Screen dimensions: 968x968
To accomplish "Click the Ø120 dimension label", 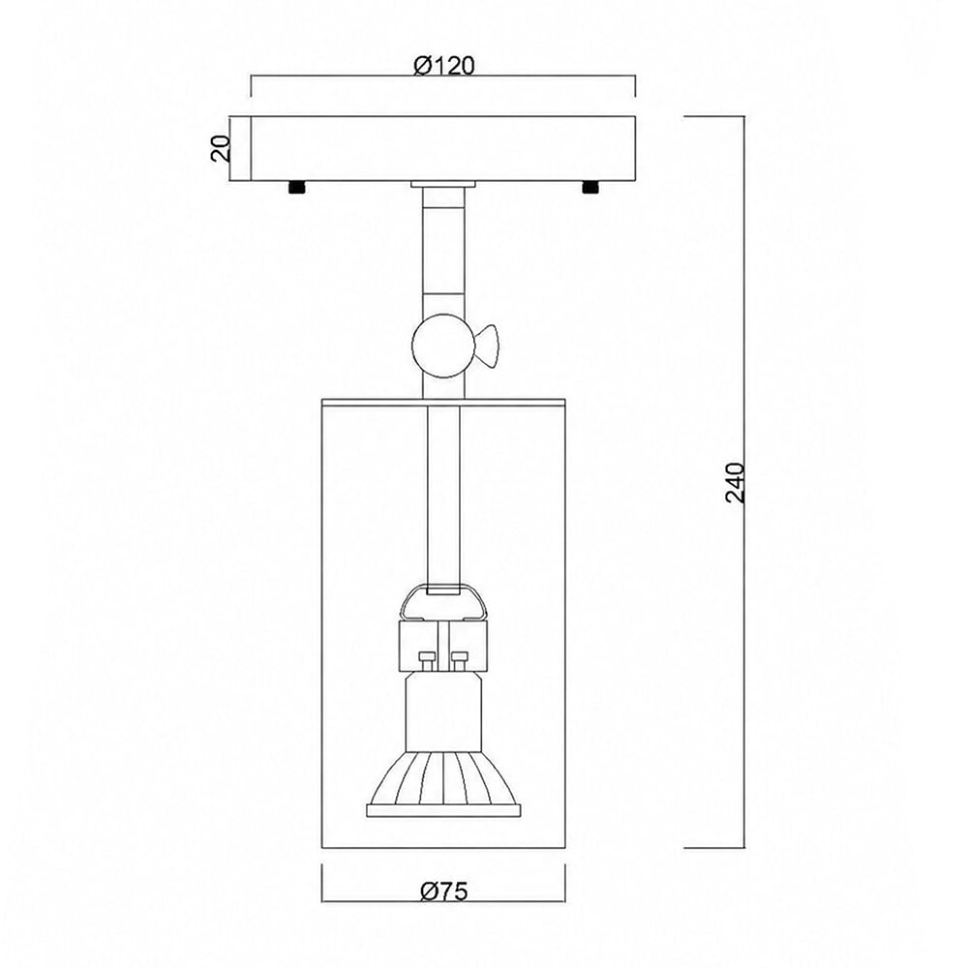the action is click(444, 65).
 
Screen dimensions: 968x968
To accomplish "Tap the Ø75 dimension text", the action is click(444, 892).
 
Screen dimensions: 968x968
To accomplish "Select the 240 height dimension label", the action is click(736, 482).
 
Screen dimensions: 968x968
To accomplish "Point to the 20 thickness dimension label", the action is click(221, 149).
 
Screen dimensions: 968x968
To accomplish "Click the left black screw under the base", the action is click(297, 187).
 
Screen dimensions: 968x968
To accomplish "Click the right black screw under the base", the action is click(590, 187).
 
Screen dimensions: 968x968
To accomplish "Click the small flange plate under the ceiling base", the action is click(444, 184).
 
